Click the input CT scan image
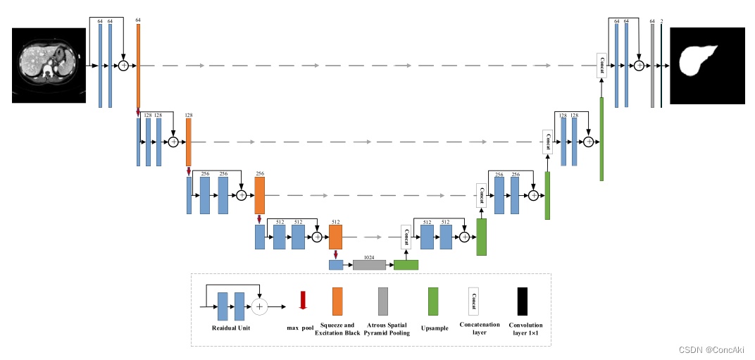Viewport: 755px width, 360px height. coord(49,66)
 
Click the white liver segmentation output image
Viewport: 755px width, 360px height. coord(706,66)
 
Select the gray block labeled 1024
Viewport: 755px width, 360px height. coord(369,265)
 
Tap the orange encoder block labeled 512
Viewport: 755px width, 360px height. coord(335,237)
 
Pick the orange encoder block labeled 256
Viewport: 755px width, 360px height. coord(259,195)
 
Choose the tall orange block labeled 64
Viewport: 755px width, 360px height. coord(138,66)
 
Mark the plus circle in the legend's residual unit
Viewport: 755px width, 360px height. coord(261,306)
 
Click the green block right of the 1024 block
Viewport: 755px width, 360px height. coord(406,265)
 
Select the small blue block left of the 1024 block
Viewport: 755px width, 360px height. coord(335,265)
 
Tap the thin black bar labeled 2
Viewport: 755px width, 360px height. coord(661,66)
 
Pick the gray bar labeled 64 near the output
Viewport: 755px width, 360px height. coord(652,66)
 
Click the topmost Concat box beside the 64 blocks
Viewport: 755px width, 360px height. coord(601,65)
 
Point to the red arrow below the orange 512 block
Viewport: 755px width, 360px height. coord(336,254)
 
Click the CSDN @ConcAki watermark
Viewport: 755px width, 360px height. coord(711,350)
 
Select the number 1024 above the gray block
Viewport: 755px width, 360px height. coord(369,257)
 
